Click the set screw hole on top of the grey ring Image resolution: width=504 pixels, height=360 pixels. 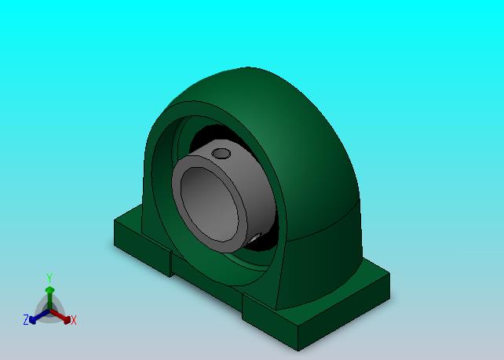(221, 154)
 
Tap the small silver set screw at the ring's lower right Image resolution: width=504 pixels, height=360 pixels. (256, 238)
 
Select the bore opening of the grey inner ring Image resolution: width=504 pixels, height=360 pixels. (210, 204)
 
